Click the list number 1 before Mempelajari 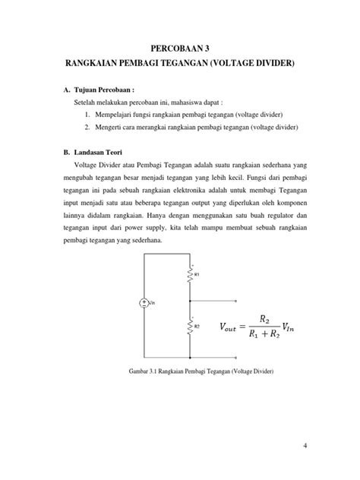tap(87, 113)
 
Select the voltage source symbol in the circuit tap(144, 303)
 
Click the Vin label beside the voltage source tap(153, 303)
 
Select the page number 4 tap(305, 447)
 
